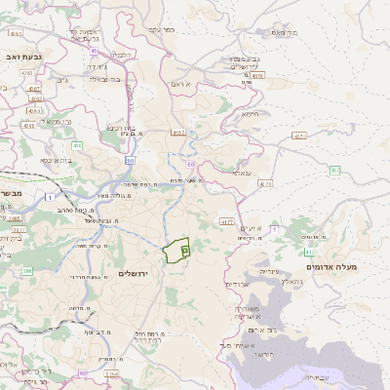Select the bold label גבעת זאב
tap(22, 58)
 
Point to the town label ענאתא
tap(242, 173)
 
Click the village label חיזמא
tap(251, 114)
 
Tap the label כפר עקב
tap(161, 29)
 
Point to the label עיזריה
tap(270, 270)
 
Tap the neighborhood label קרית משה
tap(91, 246)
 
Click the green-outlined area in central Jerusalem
tap(177, 250)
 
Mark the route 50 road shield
tap(131, 160)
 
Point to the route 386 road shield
tap(26, 271)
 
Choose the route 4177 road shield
tap(227, 221)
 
